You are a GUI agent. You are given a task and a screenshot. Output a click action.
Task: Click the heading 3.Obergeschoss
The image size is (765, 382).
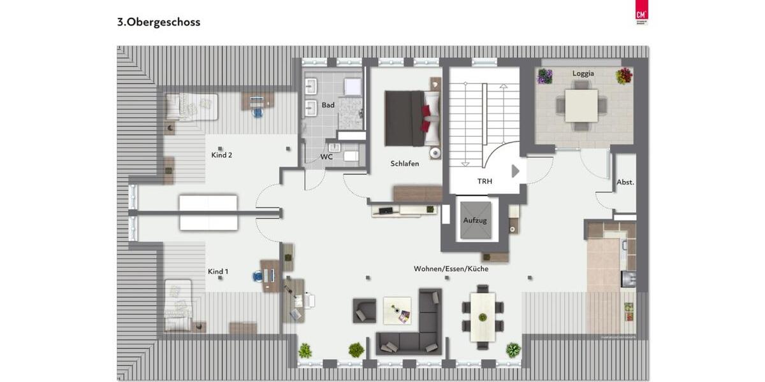tap(159, 22)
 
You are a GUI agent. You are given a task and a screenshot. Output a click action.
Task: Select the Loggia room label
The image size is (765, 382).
tap(583, 73)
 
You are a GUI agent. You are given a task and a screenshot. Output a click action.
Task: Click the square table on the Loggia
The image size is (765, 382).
tap(581, 106)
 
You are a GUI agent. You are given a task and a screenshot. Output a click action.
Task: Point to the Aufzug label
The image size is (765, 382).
tap(475, 220)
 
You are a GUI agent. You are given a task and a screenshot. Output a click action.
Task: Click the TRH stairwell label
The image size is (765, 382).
tap(484, 181)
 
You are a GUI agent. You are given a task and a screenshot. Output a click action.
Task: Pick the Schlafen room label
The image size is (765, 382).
tap(405, 164)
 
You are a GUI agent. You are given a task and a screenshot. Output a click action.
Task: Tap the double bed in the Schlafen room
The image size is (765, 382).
tap(411, 118)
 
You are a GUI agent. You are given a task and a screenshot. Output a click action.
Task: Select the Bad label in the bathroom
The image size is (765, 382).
tap(328, 105)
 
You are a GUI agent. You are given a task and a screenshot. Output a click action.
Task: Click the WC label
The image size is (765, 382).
tap(326, 156)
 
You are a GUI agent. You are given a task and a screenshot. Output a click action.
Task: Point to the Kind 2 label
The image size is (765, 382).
tap(221, 155)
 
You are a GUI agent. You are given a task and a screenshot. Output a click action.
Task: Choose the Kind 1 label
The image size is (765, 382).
tap(218, 272)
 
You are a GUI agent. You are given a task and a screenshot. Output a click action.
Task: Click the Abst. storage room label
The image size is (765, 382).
tap(625, 182)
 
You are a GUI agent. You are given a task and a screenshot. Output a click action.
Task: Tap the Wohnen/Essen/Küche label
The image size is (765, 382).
tap(451, 269)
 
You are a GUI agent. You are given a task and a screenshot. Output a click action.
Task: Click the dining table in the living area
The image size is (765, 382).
tap(483, 316)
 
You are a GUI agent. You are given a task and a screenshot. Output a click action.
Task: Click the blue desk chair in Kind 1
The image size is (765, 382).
tap(258, 276)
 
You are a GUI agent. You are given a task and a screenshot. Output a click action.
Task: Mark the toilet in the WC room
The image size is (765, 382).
tap(351, 156)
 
